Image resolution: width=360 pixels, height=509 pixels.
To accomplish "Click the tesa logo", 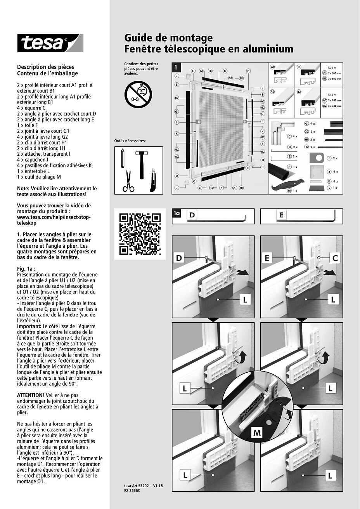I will pyautogui.click(x=50, y=43).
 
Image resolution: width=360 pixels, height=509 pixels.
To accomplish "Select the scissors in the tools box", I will pyautogui.click(x=128, y=181).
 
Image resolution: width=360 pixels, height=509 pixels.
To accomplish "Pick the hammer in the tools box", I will pyautogui.click(x=140, y=159).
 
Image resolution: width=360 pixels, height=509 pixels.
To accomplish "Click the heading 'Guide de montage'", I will pyautogui.click(x=168, y=38).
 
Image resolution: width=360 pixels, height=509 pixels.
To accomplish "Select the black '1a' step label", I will pyautogui.click(x=177, y=213).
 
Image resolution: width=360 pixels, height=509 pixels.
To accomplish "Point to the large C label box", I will pyautogui.click(x=335, y=258).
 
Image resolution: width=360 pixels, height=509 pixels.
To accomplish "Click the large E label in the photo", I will pyautogui.click(x=267, y=258).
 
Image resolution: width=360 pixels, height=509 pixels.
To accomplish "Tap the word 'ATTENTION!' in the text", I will pyautogui.click(x=30, y=395).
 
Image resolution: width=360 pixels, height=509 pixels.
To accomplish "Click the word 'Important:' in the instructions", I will pyautogui.click(x=29, y=327).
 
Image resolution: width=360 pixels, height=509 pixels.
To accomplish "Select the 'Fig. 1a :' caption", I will pyautogui.click(x=26, y=269).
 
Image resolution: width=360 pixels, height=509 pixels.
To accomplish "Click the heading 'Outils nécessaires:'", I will pyautogui.click(x=130, y=141).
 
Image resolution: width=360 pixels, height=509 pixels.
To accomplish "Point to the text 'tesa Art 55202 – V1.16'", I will pyautogui.click(x=141, y=486).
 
